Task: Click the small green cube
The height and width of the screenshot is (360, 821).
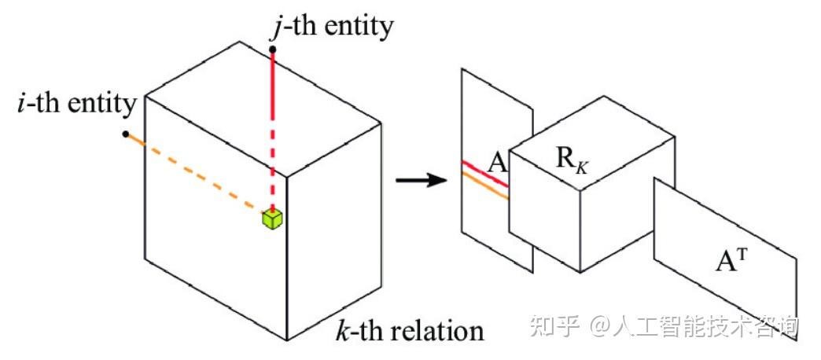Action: [x=272, y=219]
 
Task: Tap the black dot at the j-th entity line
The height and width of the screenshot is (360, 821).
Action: [x=272, y=50]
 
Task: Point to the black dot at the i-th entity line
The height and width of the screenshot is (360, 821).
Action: [x=126, y=134]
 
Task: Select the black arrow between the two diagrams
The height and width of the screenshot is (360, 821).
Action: [x=417, y=182]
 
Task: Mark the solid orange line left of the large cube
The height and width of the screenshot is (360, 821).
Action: [x=136, y=139]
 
